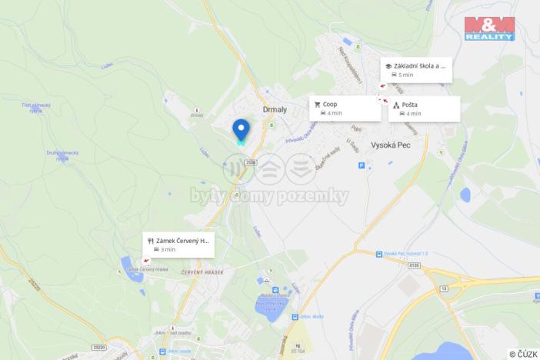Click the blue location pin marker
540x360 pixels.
pyautogui.click(x=241, y=129)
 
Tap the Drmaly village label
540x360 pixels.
pyautogui.click(x=275, y=109)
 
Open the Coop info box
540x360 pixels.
pyautogui.click(x=345, y=108)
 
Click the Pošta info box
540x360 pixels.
pyautogui.click(x=424, y=108)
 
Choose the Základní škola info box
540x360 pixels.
pyautogui.click(x=415, y=70)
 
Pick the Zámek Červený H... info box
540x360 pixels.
pyautogui.click(x=178, y=245)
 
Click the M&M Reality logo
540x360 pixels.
pyautogui.click(x=488, y=28)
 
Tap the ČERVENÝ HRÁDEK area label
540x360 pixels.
pyautogui.click(x=202, y=272)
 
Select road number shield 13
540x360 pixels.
pyautogui.click(x=444, y=288)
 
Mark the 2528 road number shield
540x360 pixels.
pyautogui.click(x=251, y=162)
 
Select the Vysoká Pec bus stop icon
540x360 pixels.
pyautogui.click(x=378, y=254)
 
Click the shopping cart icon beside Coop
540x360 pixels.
pyautogui.click(x=317, y=104)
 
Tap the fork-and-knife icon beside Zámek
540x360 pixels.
pyautogui.click(x=151, y=240)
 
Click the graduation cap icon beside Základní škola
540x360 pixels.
pyautogui.click(x=388, y=66)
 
